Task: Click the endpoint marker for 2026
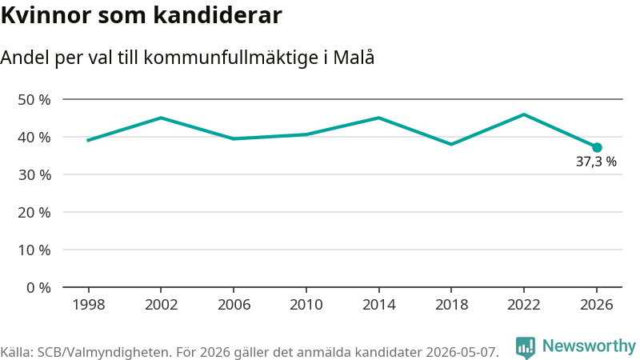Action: pos(597,147)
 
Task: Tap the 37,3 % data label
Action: pos(596,162)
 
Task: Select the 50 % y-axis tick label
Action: pos(34,99)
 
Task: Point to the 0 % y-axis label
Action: pos(38,288)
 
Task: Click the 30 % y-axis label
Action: pos(34,175)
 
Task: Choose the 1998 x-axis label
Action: pos(89,305)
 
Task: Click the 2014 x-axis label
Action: pos(378,305)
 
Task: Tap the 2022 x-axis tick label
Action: pos(524,305)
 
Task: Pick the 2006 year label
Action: pos(234,305)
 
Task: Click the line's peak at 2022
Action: pos(524,114)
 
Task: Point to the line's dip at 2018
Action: pos(451,145)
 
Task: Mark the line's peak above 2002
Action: pos(162,118)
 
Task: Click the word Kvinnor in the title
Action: pos(46,15)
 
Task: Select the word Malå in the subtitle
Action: pos(354,57)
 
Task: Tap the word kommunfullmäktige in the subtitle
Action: pos(231,58)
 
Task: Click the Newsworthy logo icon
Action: pos(526,347)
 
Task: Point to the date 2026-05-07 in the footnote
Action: pos(462,352)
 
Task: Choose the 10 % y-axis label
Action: pos(34,250)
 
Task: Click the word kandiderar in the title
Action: pos(218,15)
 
